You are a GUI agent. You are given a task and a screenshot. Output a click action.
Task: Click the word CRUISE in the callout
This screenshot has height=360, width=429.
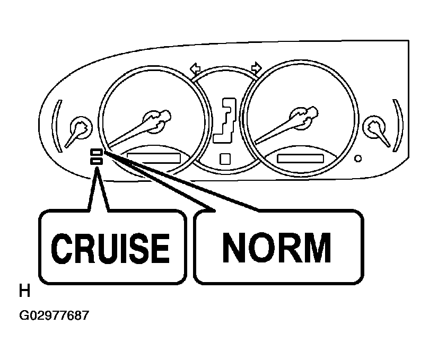(110, 249)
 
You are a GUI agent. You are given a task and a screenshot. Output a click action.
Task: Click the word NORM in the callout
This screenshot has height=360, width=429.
(277, 248)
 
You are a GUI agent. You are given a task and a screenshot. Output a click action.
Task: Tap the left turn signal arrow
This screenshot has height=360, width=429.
(195, 68)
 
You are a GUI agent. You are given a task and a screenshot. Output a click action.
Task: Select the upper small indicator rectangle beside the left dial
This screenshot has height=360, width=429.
(97, 152)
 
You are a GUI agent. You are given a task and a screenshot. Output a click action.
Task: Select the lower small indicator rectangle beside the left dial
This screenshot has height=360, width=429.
(97, 161)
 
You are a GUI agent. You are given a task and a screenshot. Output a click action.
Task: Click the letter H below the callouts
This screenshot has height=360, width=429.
(24, 291)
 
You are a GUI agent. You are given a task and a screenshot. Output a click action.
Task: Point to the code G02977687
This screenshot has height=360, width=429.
(54, 315)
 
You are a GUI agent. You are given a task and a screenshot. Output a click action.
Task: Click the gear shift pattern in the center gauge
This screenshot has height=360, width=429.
(225, 120)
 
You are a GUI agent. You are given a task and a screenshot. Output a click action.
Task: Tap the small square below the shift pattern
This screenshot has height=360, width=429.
(225, 159)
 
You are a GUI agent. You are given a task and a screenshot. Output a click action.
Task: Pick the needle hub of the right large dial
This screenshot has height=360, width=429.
(301, 118)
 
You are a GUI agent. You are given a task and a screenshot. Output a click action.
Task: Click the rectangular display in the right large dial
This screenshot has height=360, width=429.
(301, 159)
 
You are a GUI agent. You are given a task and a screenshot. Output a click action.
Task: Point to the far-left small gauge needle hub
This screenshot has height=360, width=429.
(81, 128)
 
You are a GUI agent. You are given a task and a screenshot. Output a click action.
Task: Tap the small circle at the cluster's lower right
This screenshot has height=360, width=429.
(358, 159)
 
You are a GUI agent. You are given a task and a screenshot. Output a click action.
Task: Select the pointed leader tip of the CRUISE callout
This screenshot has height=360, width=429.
(97, 168)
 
